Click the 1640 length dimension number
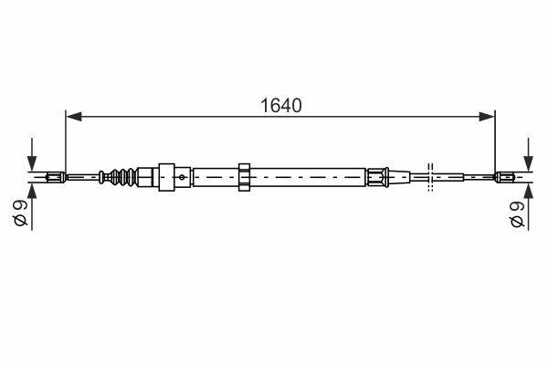click(281, 106)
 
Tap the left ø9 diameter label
click(20, 213)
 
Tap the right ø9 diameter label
click(517, 214)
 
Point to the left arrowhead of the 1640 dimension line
click(74, 117)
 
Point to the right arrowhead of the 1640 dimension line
click(487, 117)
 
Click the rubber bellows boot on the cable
click(123, 177)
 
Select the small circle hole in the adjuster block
click(182, 177)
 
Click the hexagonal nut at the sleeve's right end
click(377, 177)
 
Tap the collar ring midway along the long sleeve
click(244, 177)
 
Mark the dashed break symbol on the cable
click(430, 177)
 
